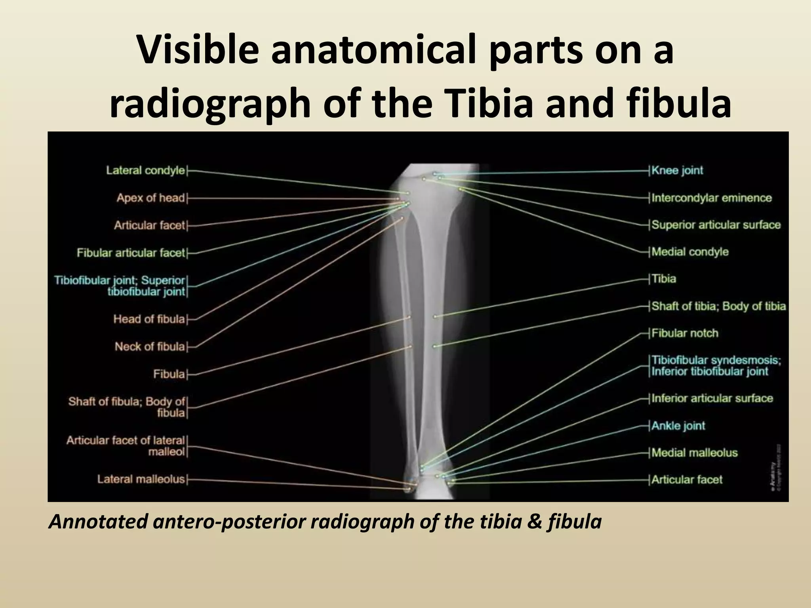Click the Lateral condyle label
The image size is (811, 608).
tap(145, 171)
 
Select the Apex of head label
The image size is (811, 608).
tap(150, 198)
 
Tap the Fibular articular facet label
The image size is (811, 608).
tap(131, 253)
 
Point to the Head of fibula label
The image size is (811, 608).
tap(149, 319)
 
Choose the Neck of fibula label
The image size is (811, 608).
tap(150, 347)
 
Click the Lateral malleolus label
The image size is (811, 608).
tap(141, 479)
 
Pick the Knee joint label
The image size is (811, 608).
tap(677, 171)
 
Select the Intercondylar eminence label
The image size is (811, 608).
tap(712, 198)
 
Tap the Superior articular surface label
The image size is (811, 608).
tap(716, 225)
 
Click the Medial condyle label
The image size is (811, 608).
tap(690, 252)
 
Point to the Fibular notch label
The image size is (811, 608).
tap(685, 333)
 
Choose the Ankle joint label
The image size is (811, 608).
tap(678, 426)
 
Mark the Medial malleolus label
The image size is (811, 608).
tap(695, 453)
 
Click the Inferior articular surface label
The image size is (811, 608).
tap(712, 398)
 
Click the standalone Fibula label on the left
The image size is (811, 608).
tap(169, 374)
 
